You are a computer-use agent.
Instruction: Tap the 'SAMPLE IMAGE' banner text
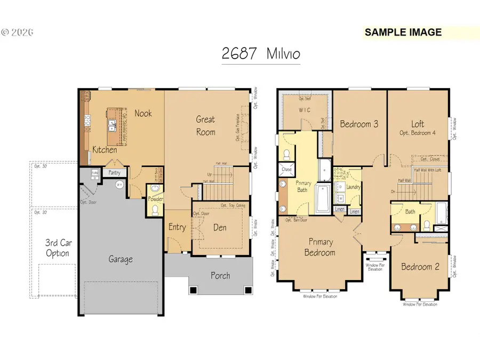pyautogui.click(x=403, y=32)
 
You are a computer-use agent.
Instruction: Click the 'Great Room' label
pyautogui.click(x=205, y=125)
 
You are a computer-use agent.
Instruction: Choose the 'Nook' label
pyautogui.click(x=143, y=113)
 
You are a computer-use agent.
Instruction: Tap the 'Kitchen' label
pyautogui.click(x=105, y=150)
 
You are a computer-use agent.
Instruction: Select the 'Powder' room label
pyautogui.click(x=155, y=199)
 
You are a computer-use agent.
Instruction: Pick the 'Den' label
pyautogui.click(x=219, y=227)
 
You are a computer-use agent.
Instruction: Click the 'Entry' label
pyautogui.click(x=177, y=227)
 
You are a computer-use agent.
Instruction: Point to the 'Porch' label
pyautogui.click(x=220, y=275)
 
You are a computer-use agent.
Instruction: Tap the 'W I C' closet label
pyautogui.click(x=304, y=110)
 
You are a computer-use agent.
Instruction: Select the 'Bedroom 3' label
pyautogui.click(x=359, y=124)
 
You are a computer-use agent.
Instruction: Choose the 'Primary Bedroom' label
pyautogui.click(x=320, y=247)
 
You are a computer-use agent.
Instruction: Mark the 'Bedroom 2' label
pyautogui.click(x=420, y=267)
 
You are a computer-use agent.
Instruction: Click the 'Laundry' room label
pyautogui.click(x=353, y=187)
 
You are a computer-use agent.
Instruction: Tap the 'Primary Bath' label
pyautogui.click(x=303, y=186)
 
